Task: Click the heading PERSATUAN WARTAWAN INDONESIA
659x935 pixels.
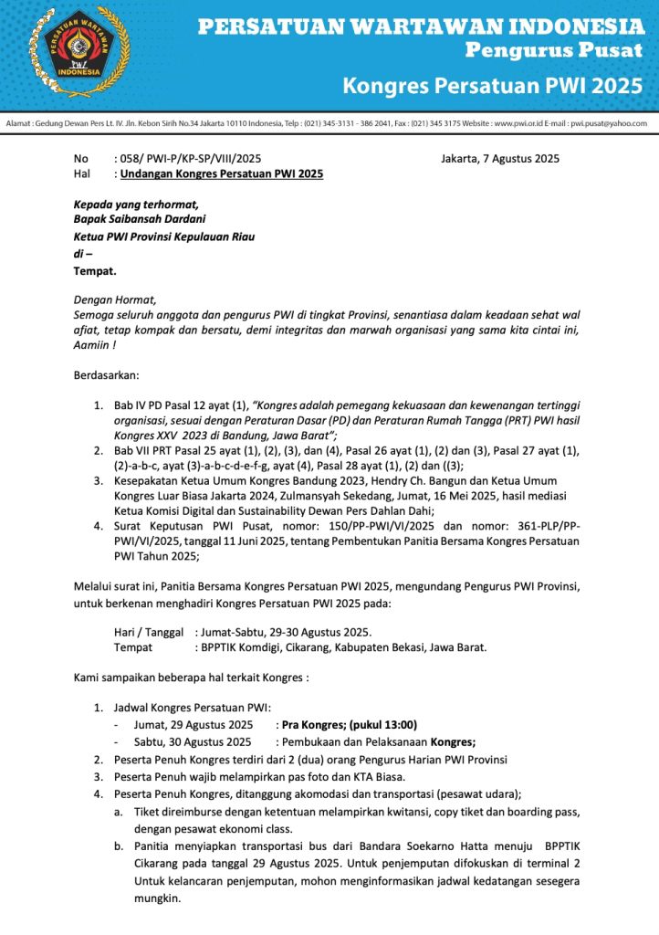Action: pyautogui.click(x=421, y=26)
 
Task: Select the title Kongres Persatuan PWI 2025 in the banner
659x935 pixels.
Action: pyautogui.click(x=493, y=87)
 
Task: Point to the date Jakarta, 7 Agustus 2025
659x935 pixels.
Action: pyautogui.click(x=500, y=158)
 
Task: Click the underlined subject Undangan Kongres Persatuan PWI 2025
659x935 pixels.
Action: pyautogui.click(x=222, y=173)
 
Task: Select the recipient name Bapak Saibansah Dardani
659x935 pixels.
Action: pyautogui.click(x=140, y=219)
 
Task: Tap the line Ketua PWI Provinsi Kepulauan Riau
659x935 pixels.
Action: pyautogui.click(x=164, y=236)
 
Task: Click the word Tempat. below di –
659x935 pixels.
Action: pyautogui.click(x=95, y=271)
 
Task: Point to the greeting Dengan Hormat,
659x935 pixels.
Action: pyautogui.click(x=115, y=299)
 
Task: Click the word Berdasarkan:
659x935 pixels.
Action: pyautogui.click(x=106, y=374)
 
